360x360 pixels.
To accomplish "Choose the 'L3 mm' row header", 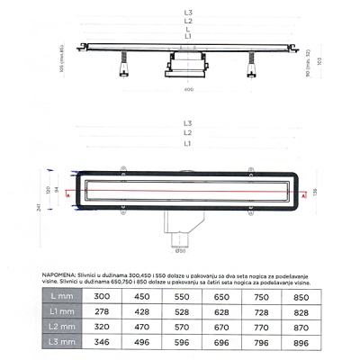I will tap(60, 342).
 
